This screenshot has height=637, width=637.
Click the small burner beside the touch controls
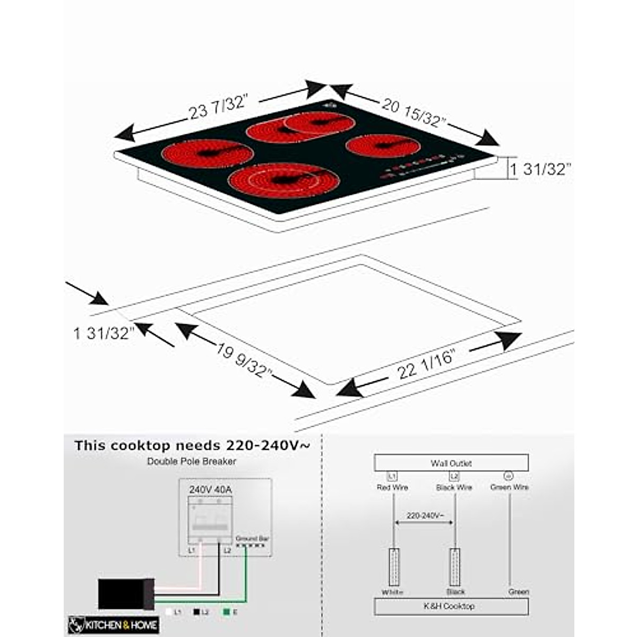click(x=383, y=146)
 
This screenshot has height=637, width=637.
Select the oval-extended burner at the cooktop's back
click(x=300, y=126)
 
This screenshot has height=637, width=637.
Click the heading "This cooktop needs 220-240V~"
click(x=192, y=445)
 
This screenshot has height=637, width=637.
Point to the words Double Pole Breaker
click(x=192, y=461)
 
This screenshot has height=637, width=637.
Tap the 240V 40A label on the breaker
click(x=211, y=489)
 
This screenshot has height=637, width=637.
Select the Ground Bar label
click(x=252, y=538)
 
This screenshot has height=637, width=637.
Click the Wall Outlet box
click(x=451, y=463)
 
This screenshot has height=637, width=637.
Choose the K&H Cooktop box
click(x=451, y=606)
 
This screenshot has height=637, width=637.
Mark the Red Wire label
click(x=392, y=487)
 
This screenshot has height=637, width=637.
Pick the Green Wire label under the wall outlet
click(x=509, y=487)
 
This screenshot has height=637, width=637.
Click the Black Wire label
click(x=454, y=487)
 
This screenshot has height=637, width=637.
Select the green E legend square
click(x=227, y=612)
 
